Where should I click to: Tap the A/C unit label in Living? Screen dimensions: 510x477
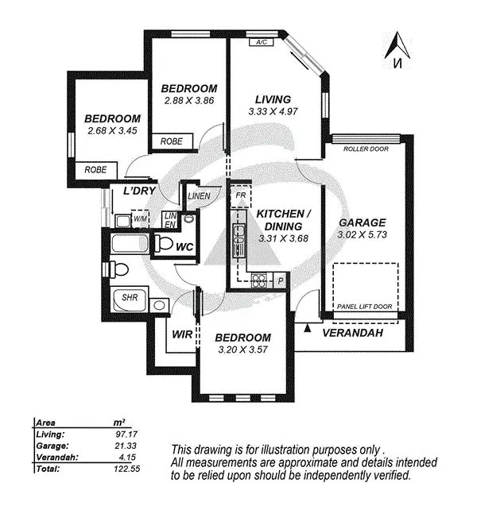click(260, 42)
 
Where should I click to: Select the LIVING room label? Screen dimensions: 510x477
click(273, 99)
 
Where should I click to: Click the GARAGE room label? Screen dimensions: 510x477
click(362, 222)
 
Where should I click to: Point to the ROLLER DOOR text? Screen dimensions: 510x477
click(366, 149)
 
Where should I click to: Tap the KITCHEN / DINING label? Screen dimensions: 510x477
click(282, 220)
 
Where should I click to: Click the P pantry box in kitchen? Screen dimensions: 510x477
click(280, 280)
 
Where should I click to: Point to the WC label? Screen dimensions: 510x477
click(184, 247)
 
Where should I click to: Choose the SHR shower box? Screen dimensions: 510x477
click(129, 299)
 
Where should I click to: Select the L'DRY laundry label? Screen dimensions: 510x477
click(137, 191)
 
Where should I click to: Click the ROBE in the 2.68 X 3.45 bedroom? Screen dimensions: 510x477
click(95, 169)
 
